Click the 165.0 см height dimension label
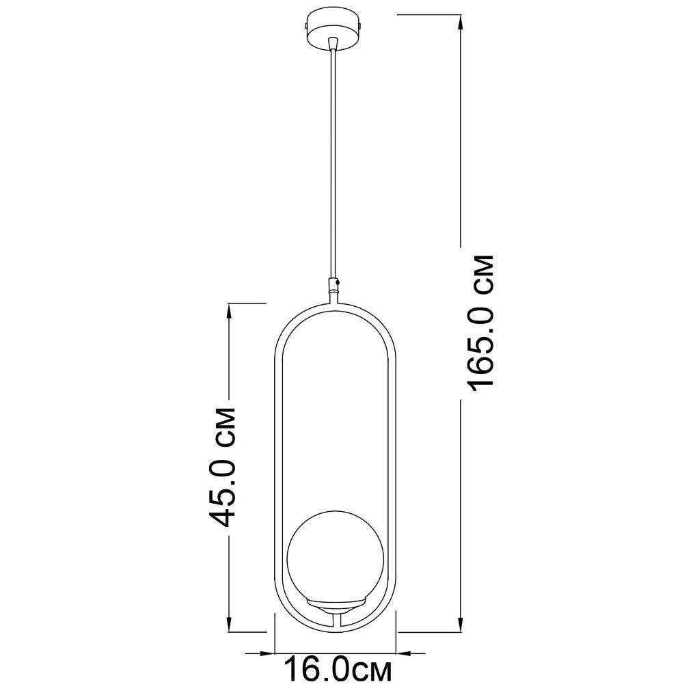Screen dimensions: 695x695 tap(480, 323)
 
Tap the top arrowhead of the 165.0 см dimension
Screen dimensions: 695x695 tap(461, 24)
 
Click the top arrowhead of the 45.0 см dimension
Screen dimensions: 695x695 tap(229, 312)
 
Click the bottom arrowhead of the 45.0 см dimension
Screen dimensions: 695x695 tap(229, 623)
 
